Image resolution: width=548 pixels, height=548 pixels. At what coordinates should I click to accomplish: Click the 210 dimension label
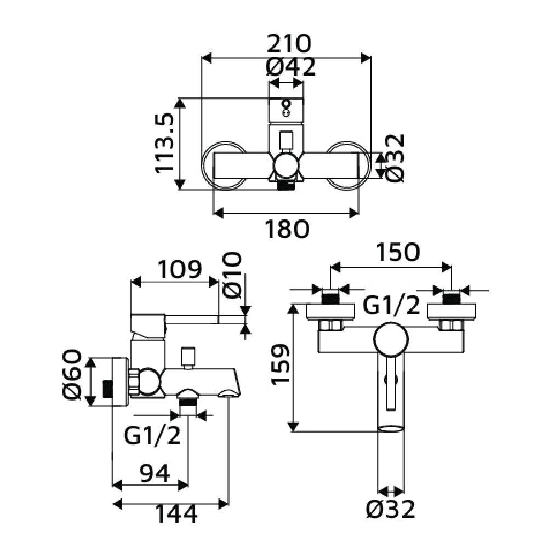click(x=288, y=43)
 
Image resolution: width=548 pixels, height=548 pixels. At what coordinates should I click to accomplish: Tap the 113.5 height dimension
click(x=164, y=143)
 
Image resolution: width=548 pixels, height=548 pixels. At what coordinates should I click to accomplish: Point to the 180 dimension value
click(x=287, y=229)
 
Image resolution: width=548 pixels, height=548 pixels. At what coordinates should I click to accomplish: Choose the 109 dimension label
click(x=180, y=270)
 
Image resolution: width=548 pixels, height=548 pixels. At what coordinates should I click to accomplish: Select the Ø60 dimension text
click(x=72, y=375)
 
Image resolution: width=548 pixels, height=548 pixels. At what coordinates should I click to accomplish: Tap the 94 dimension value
click(x=155, y=473)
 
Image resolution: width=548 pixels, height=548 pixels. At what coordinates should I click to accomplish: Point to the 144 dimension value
click(x=176, y=513)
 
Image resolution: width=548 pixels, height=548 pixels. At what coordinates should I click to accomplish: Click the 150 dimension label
click(x=398, y=252)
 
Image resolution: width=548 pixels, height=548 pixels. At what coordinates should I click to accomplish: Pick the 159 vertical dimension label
click(x=281, y=364)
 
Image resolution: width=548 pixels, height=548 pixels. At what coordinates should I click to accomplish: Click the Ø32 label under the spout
click(x=390, y=509)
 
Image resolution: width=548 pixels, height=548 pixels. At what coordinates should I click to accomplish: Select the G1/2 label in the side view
click(x=152, y=435)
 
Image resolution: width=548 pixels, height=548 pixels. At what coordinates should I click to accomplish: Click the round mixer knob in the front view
click(x=391, y=339)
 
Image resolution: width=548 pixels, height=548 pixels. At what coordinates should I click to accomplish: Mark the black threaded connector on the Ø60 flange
click(x=107, y=389)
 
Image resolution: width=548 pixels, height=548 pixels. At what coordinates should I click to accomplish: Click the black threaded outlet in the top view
click(x=286, y=185)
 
